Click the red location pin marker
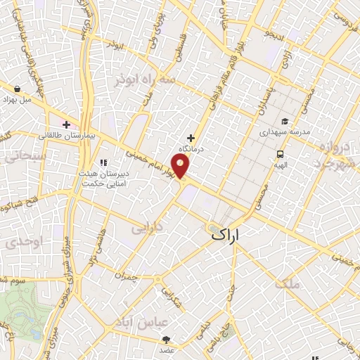pyautogui.click(x=181, y=166)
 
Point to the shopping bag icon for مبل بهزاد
pyautogui.click(x=16, y=89)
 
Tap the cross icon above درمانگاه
pyautogui.click(x=191, y=138)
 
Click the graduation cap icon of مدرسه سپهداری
pyautogui.click(x=285, y=121)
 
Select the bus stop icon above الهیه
pyautogui.click(x=280, y=154)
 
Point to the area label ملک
pyautogui.click(x=288, y=283)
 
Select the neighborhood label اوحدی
pyautogui.click(x=21, y=243)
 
